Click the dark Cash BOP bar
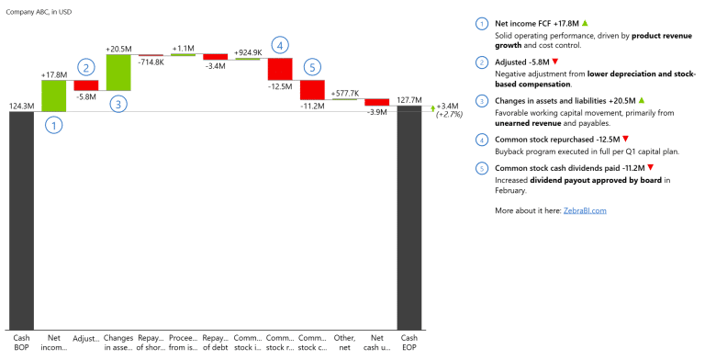pyautogui.click(x=21, y=220)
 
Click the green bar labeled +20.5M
pyautogui.click(x=118, y=72)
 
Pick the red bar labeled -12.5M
pyautogui.click(x=280, y=68)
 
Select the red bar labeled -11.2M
pyautogui.click(x=312, y=89)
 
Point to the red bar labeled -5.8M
pyautogui.click(x=86, y=85)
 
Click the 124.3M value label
pyautogui.click(x=21, y=106)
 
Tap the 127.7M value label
pyautogui.click(x=409, y=99)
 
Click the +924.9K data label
pyautogui.click(x=248, y=53)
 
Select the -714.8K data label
pyautogui.click(x=151, y=62)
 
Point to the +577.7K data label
pyautogui.click(x=344, y=93)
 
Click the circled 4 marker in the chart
pyautogui.click(x=280, y=43)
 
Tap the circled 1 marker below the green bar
pyautogui.click(x=53, y=126)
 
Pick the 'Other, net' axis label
pyautogui.click(x=344, y=342)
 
